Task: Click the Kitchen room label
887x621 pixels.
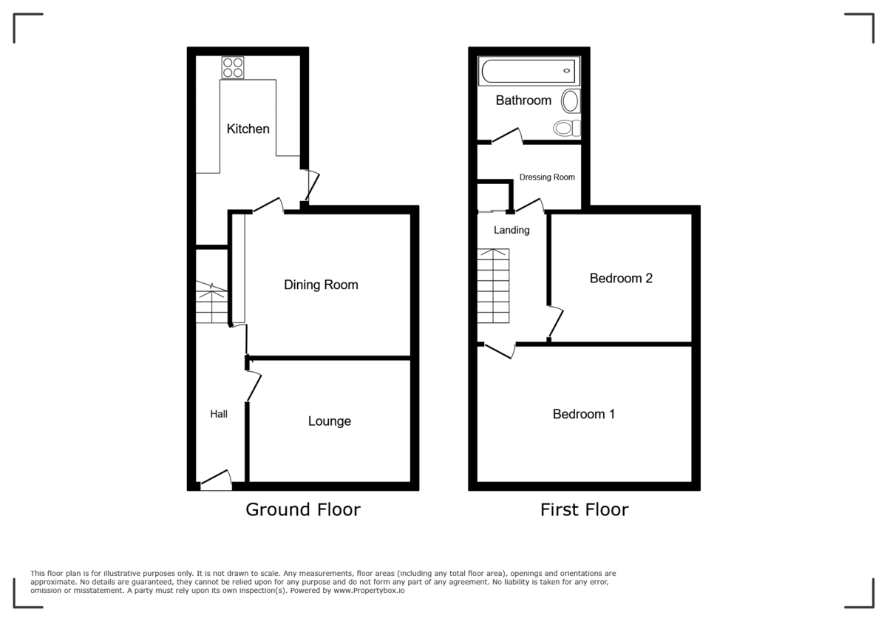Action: point(248,129)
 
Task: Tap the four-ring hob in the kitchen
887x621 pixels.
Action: point(233,68)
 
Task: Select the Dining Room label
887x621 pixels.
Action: point(321,285)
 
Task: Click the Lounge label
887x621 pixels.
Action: point(329,421)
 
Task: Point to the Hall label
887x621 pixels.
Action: point(219,414)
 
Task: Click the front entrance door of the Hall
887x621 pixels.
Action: point(216,481)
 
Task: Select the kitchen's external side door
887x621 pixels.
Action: point(312,185)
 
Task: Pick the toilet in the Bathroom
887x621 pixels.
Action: point(567,129)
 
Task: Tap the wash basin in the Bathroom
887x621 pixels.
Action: point(571,101)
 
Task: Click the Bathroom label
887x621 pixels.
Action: point(523,101)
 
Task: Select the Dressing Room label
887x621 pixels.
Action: point(547,177)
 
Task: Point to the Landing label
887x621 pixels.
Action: point(512,230)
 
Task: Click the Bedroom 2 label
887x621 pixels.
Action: point(621,279)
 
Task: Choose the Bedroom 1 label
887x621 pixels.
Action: point(584,414)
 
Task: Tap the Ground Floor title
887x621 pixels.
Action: point(303,509)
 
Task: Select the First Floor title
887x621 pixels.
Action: point(584,509)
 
